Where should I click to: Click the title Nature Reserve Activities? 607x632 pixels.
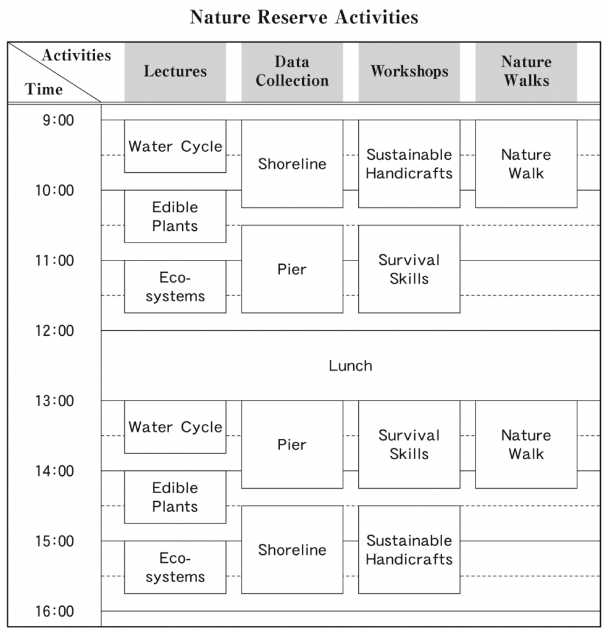[x=304, y=17]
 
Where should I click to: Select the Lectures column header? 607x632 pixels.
[x=175, y=72]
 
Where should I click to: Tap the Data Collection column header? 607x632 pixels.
[x=292, y=72]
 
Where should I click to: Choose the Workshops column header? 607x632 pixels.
[x=409, y=72]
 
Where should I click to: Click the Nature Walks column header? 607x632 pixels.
[x=526, y=72]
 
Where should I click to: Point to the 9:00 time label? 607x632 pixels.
[x=59, y=120]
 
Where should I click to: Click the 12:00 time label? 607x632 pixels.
[x=55, y=331]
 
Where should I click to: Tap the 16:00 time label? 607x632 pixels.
[x=55, y=611]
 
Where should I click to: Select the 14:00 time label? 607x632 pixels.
[x=55, y=471]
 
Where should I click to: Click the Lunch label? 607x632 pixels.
[x=351, y=365]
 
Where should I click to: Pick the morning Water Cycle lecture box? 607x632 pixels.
[x=175, y=146]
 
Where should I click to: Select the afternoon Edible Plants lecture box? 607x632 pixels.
[x=175, y=497]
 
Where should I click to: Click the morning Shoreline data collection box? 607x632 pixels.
[x=292, y=164]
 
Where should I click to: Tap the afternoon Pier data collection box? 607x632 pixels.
[x=292, y=444]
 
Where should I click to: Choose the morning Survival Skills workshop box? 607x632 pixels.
[x=409, y=269]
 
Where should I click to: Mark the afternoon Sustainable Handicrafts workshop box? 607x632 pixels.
[x=409, y=550]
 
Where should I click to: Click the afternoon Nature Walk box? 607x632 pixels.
[x=526, y=444]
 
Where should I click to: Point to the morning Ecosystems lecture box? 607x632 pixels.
[x=175, y=286]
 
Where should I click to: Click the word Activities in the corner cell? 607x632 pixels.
[x=76, y=55]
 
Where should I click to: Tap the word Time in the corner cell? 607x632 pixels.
[x=44, y=89]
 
